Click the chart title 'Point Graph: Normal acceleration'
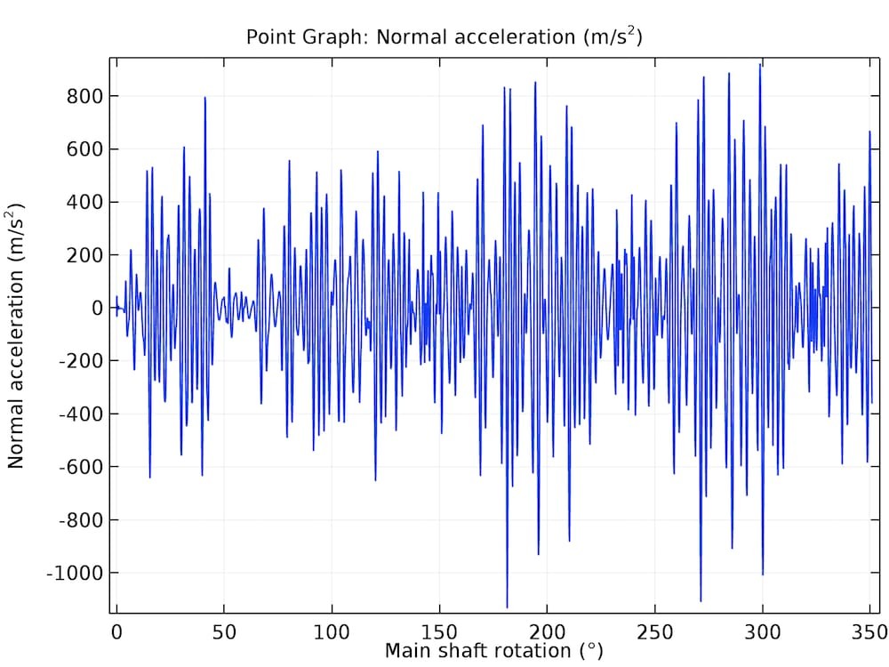[444, 37]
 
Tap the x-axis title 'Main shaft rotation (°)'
[493, 651]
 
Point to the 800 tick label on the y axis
[85, 96]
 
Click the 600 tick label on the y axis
[85, 149]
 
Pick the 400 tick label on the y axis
[85, 202]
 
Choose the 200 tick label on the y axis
[85, 255]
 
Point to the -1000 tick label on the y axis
[76, 573]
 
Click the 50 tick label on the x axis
[224, 631]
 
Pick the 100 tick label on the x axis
[332, 631]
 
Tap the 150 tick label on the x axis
[439, 631]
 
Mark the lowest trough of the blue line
[507, 607]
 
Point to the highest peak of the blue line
[760, 64]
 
